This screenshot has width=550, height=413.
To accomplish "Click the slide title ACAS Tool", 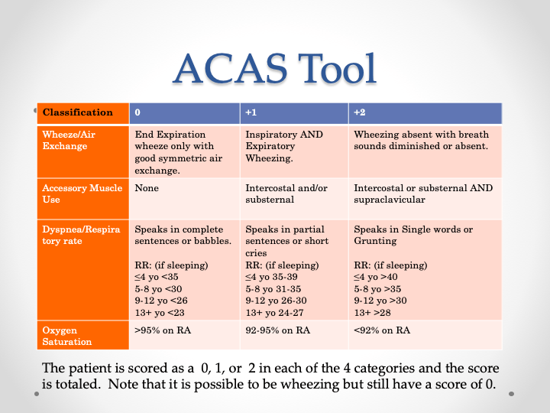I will click(x=275, y=68).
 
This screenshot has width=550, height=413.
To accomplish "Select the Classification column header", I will click(x=78, y=112).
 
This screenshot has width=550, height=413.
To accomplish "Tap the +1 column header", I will click(x=251, y=112).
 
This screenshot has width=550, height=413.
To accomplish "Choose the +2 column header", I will click(x=360, y=112).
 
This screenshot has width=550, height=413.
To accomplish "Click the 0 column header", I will click(x=137, y=112).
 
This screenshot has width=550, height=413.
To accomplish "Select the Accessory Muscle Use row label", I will click(x=82, y=193).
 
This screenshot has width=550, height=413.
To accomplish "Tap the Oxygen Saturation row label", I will click(x=68, y=336).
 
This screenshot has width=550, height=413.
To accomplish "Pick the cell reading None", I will click(x=146, y=188).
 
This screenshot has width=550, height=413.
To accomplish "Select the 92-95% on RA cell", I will click(x=277, y=330).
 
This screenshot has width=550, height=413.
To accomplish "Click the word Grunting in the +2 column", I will click(x=375, y=241).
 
